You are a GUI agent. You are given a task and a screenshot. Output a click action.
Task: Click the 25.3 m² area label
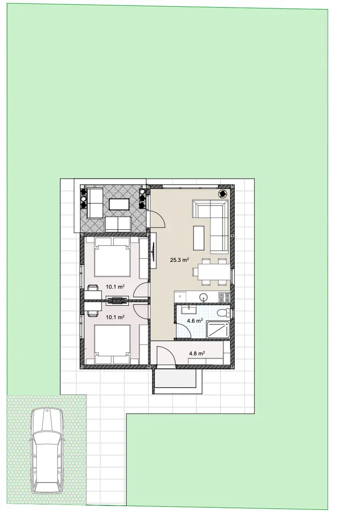[180, 260]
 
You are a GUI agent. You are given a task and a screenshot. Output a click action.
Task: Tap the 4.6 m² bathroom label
[195, 321]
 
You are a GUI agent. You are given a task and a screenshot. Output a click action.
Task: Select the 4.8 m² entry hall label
[197, 354]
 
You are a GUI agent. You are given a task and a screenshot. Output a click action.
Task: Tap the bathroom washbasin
[189, 310]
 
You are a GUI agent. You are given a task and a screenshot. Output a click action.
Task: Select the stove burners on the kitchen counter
[224, 297]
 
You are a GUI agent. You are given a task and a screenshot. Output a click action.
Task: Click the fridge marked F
[180, 297]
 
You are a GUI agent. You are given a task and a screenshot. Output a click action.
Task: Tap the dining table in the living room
[211, 272]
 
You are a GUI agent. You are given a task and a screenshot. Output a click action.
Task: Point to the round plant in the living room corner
[223, 194]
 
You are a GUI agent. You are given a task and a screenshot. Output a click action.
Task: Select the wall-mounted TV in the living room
[153, 251]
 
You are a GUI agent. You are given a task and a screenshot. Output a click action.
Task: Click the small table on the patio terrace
[120, 204]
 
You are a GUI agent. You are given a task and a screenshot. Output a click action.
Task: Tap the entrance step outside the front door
[177, 382]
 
